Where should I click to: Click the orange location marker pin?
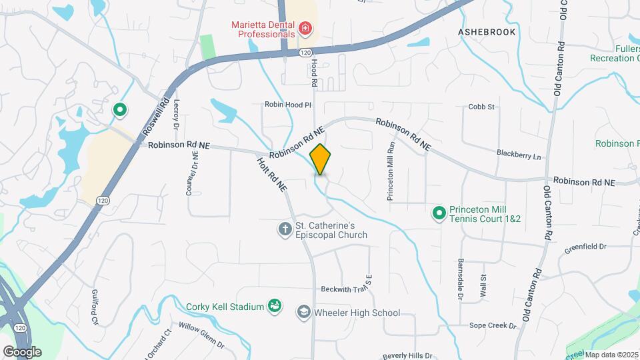tap(320, 159)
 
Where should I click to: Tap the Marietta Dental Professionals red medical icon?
tap(305, 29)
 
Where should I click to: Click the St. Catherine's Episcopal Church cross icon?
tap(285, 229)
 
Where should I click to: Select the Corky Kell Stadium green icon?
tap(274, 306)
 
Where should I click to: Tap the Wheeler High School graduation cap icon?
tap(304, 312)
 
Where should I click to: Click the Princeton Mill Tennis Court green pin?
tap(439, 213)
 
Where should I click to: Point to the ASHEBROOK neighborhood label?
tap(487, 31)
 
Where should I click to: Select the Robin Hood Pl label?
tap(288, 105)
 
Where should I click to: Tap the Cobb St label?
tap(481, 106)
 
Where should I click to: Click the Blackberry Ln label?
tap(519, 154)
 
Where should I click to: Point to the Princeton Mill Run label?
tap(391, 171)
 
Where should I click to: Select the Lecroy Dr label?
tap(177, 114)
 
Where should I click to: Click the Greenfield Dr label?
tap(586, 246)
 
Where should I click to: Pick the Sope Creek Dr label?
tap(493, 325)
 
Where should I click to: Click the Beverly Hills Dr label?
tap(409, 356)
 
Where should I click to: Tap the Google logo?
tap(22, 351)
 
